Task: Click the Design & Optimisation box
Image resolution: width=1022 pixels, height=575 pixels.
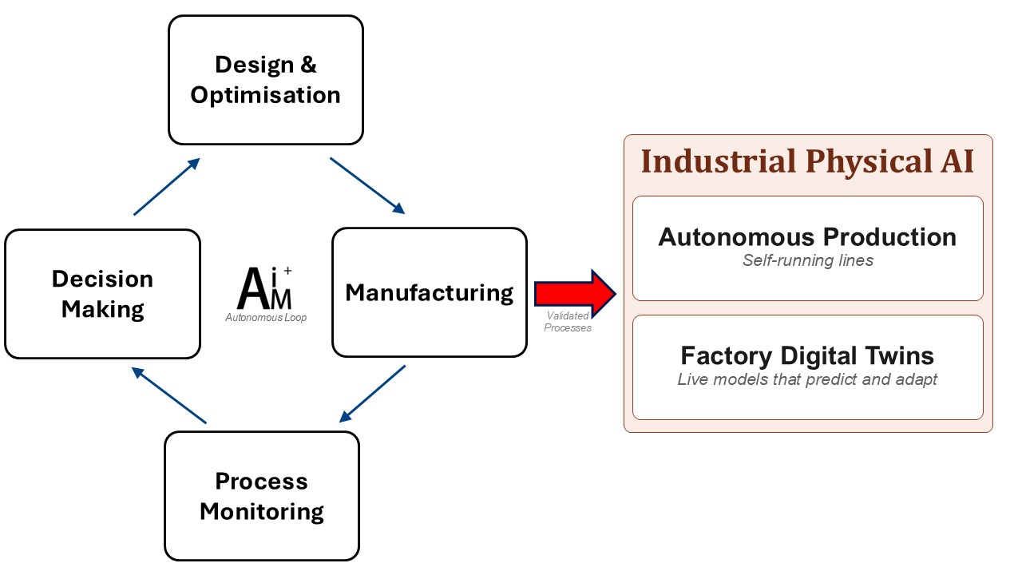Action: pyautogui.click(x=266, y=80)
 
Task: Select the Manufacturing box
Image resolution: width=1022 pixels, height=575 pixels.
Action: pyautogui.click(x=430, y=292)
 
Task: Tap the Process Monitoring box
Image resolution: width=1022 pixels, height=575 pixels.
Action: pyautogui.click(x=262, y=496)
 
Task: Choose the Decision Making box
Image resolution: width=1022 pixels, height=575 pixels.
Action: pyautogui.click(x=103, y=294)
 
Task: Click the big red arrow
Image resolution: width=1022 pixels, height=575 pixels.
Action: pyautogui.click(x=576, y=293)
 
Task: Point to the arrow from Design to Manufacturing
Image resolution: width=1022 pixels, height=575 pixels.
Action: pyautogui.click(x=367, y=186)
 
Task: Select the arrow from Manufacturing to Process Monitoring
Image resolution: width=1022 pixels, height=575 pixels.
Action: pyautogui.click(x=372, y=394)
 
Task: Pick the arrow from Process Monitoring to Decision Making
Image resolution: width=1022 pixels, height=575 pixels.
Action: pyautogui.click(x=168, y=395)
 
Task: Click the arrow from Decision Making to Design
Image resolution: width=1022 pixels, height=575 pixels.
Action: pyautogui.click(x=167, y=187)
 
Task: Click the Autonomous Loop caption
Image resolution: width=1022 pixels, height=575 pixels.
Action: pyautogui.click(x=266, y=318)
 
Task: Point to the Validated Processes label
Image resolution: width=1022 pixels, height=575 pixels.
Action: pyautogui.click(x=568, y=322)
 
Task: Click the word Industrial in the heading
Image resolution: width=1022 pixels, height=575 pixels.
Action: pyautogui.click(x=718, y=161)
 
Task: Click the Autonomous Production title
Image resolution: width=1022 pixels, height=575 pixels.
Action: pyautogui.click(x=807, y=237)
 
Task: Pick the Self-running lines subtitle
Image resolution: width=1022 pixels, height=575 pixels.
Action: pyautogui.click(x=807, y=260)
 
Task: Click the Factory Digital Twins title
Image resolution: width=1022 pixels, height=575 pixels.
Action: pyautogui.click(x=807, y=356)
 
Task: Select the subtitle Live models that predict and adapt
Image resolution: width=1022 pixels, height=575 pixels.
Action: pyautogui.click(x=807, y=379)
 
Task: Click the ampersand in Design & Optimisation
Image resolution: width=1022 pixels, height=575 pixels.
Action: pyautogui.click(x=308, y=65)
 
